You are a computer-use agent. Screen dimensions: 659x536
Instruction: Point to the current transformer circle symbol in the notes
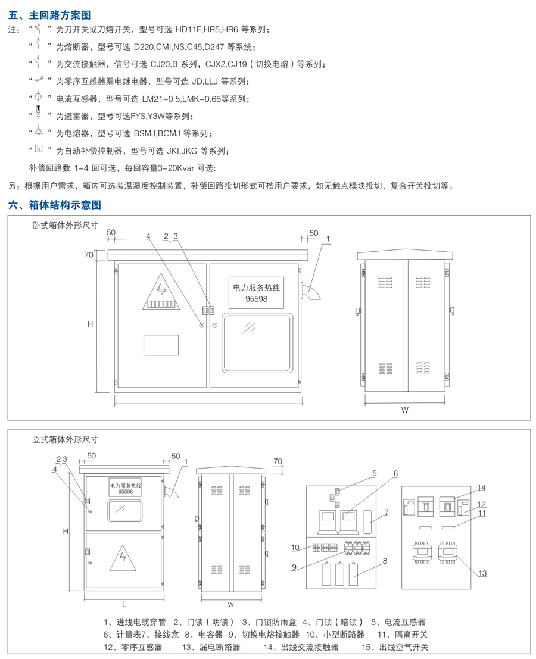(38, 97)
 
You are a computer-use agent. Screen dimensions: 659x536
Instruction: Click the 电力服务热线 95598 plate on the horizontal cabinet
(256, 292)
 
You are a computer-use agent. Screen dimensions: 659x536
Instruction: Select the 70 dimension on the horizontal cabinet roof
(89, 255)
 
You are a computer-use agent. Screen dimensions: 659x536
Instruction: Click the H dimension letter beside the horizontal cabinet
(90, 324)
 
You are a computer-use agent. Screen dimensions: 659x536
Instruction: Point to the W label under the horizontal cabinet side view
(404, 410)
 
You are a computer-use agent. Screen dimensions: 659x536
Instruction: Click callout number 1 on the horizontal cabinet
(327, 239)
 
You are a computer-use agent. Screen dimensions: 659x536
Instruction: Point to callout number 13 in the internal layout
(482, 573)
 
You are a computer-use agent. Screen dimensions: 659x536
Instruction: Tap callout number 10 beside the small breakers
(295, 547)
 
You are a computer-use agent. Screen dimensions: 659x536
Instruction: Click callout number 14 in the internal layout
(481, 488)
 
